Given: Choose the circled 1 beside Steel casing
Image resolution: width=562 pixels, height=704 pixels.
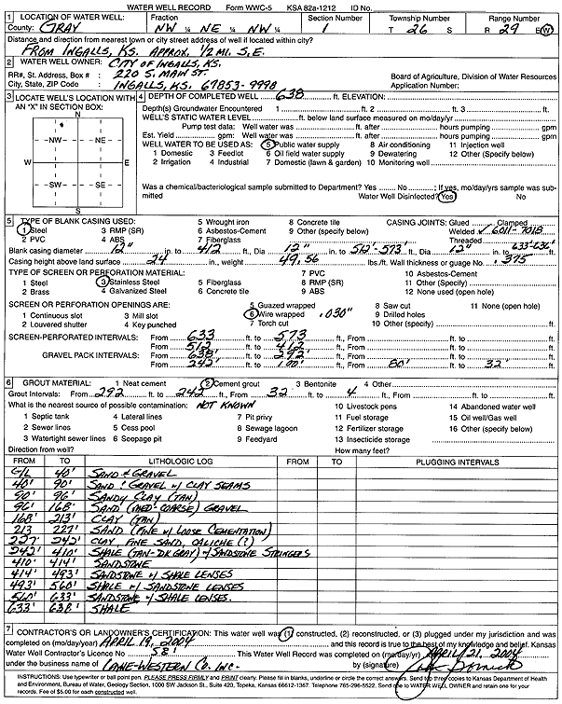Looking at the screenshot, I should tap(15, 228).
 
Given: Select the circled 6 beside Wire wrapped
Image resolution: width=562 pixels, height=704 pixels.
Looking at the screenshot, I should tap(253, 314).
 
